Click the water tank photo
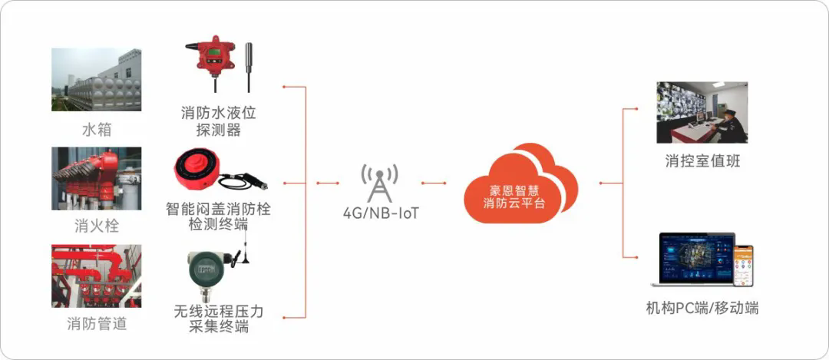(x=96, y=80)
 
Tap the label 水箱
(x=97, y=130)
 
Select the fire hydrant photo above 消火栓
(x=96, y=179)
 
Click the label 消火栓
(x=97, y=226)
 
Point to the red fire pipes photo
(x=96, y=276)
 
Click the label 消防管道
(x=97, y=323)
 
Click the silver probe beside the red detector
(x=248, y=67)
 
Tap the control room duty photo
(x=702, y=113)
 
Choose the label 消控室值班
(x=702, y=161)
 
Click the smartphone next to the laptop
(x=743, y=266)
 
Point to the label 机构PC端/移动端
(x=702, y=309)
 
